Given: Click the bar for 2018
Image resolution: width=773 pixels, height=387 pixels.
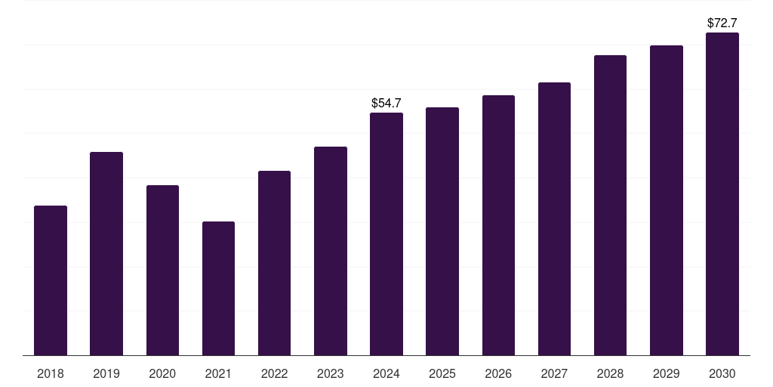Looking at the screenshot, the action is click(x=51, y=280).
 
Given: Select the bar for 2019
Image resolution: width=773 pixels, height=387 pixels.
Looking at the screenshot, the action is click(x=106, y=254).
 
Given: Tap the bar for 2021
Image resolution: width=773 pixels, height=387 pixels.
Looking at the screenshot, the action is click(x=218, y=288).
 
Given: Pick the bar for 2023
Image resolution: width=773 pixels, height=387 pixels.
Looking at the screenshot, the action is click(x=331, y=251).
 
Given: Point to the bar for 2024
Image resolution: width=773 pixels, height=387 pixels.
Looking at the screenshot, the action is click(x=386, y=234).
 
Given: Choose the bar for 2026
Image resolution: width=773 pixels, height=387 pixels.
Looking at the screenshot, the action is click(x=498, y=225).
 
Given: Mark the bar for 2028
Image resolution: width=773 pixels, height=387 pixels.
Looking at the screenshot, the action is click(x=610, y=206).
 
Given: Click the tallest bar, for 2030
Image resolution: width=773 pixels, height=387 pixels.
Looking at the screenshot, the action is click(x=722, y=194).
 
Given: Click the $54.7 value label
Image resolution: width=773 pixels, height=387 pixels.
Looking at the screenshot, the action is click(x=386, y=103).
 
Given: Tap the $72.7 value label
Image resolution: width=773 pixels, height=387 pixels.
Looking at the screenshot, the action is click(x=722, y=23).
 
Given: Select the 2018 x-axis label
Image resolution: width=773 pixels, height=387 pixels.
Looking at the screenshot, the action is click(x=51, y=373).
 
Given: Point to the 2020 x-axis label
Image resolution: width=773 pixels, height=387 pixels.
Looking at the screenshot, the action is click(x=162, y=373).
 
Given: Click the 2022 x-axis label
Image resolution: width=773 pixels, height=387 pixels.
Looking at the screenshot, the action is click(x=274, y=373).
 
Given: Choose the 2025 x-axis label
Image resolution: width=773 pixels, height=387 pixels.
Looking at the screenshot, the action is click(x=442, y=373).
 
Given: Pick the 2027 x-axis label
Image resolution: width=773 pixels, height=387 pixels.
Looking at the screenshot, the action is click(x=554, y=373).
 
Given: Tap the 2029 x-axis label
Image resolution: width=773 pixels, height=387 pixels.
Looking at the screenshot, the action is click(x=666, y=373).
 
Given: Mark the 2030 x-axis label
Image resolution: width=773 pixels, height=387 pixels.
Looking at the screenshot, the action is click(x=722, y=373).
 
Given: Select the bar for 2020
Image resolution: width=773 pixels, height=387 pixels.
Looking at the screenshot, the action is click(x=163, y=271).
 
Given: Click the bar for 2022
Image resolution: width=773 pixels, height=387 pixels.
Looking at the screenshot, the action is click(x=274, y=263).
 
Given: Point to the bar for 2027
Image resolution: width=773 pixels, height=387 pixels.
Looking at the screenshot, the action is click(x=554, y=218).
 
